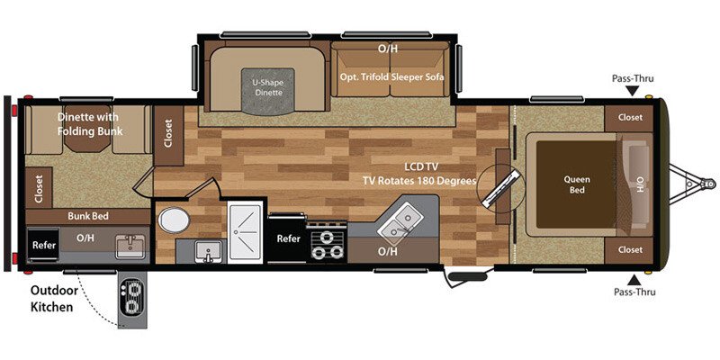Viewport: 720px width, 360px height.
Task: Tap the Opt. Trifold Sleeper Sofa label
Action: point(395,76)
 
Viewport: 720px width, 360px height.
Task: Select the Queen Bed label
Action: point(577,184)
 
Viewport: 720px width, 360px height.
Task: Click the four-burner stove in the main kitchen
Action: point(325,244)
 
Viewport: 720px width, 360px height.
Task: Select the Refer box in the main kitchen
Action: point(288,238)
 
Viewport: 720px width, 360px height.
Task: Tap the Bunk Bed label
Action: point(88,216)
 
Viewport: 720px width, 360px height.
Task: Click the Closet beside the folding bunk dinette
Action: point(168,133)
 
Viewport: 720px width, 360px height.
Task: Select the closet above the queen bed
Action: point(630,116)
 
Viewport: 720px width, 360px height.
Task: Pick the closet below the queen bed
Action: point(630,248)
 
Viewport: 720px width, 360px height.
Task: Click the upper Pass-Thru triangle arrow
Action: point(635,94)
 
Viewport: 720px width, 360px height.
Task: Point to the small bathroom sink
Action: point(207,251)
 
